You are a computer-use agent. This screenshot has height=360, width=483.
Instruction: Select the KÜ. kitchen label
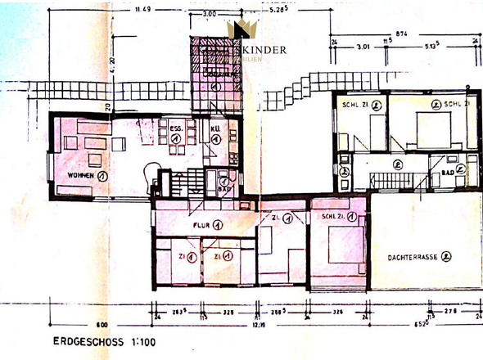(x=214, y=128)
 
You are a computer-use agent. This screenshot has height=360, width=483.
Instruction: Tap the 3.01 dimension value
(x=363, y=48)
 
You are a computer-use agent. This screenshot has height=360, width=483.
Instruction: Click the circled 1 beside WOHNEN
(x=102, y=175)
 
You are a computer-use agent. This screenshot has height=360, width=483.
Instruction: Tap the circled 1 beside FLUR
(x=219, y=224)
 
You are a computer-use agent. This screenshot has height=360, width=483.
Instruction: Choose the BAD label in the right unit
(x=447, y=173)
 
